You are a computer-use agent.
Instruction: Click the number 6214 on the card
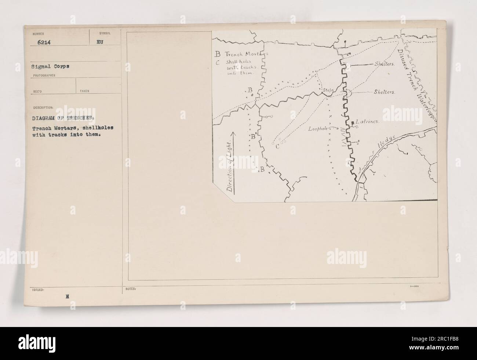click(x=44, y=43)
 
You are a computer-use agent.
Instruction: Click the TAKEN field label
click(x=84, y=91)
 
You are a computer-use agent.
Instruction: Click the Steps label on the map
click(x=327, y=90)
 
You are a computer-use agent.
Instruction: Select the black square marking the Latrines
click(x=353, y=121)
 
